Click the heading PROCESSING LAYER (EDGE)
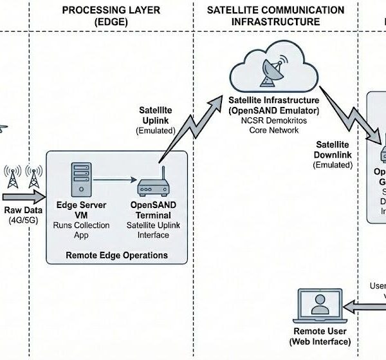(x=111, y=16)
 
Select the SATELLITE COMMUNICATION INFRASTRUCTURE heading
(x=275, y=16)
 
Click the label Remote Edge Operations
(x=116, y=255)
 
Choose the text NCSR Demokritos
(x=270, y=120)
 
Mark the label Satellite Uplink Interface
(x=153, y=230)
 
